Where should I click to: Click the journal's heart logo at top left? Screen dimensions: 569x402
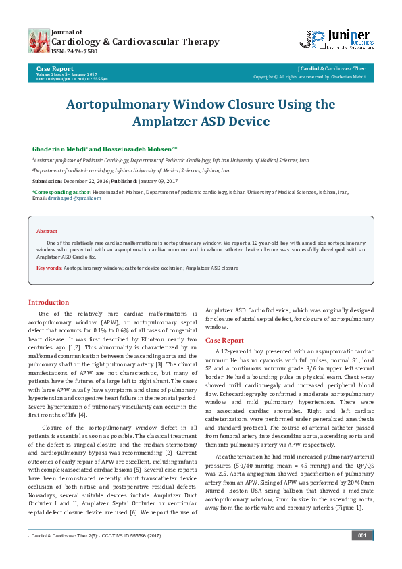(39, 41)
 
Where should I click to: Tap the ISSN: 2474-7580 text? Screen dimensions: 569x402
(74, 51)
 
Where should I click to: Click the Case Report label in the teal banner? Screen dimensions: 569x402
(55, 69)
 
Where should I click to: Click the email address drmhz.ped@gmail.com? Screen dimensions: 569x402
(72, 198)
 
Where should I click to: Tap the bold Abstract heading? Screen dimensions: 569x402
(47, 231)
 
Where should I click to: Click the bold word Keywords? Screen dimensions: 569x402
(49, 268)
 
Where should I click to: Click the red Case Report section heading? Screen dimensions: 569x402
(224, 341)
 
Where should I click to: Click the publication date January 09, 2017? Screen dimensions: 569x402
(159, 182)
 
